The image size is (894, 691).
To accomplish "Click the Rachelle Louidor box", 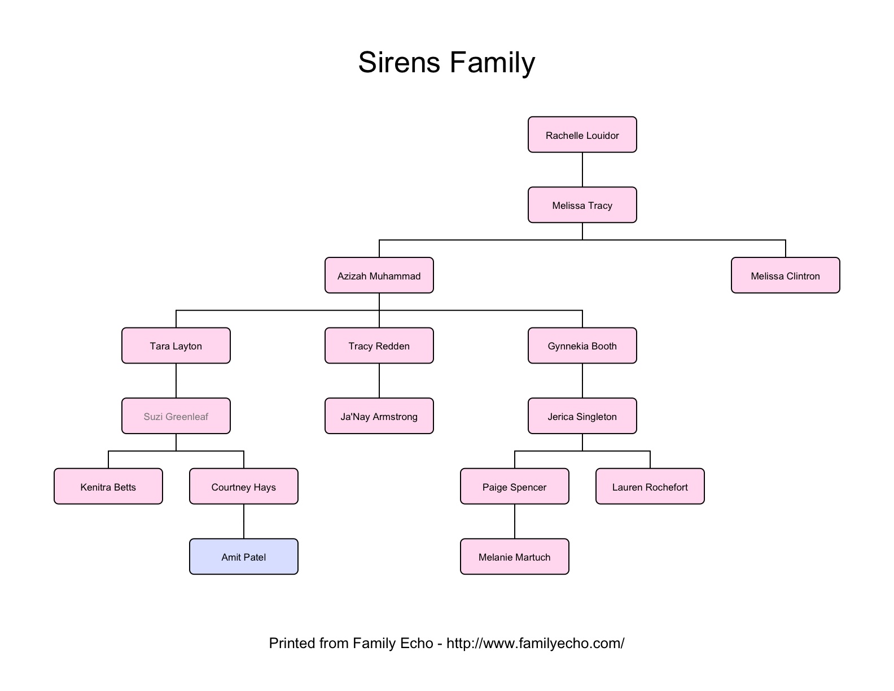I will [x=582, y=135].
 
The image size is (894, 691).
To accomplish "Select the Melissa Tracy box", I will [x=582, y=205].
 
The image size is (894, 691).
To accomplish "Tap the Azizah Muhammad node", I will [x=379, y=275].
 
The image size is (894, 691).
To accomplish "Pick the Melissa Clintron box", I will [x=785, y=275].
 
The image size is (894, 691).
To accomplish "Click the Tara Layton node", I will [x=176, y=345].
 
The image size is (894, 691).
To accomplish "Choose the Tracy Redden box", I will [x=379, y=345].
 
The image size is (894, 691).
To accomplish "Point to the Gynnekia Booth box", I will [x=582, y=345].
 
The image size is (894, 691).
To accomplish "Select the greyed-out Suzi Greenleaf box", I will [x=176, y=416].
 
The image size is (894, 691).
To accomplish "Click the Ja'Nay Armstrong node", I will [x=379, y=416].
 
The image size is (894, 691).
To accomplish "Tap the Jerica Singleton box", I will [x=582, y=416].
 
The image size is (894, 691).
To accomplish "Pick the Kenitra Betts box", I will [x=108, y=486].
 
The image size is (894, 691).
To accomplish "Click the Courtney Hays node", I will [x=243, y=486].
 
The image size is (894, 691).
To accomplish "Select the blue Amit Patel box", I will [x=243, y=557].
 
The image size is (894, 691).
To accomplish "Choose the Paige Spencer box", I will [x=514, y=486].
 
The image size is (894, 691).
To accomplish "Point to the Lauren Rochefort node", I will [x=650, y=486].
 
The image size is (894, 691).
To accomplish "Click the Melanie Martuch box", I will [x=514, y=557].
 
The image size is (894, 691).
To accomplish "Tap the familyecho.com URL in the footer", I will [x=535, y=643].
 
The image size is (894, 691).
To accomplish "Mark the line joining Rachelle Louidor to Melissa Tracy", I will [x=582, y=170].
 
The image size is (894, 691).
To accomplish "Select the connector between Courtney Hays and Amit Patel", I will [x=244, y=522].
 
